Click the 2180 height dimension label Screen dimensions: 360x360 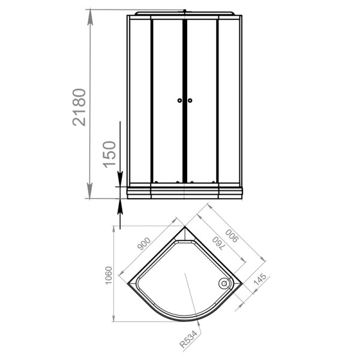tap(79, 107)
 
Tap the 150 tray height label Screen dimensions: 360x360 tap(109, 155)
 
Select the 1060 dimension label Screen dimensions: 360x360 tap(109, 275)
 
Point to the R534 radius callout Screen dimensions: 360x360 tap(188, 339)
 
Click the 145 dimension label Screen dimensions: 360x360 tap(260, 280)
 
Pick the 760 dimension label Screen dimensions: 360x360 tap(218, 244)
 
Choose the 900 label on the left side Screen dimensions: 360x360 tap(144, 244)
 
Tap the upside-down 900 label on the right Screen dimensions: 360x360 tap(232, 236)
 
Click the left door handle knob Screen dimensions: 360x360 tap(179, 100)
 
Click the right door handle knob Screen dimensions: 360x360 tap(190, 100)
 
